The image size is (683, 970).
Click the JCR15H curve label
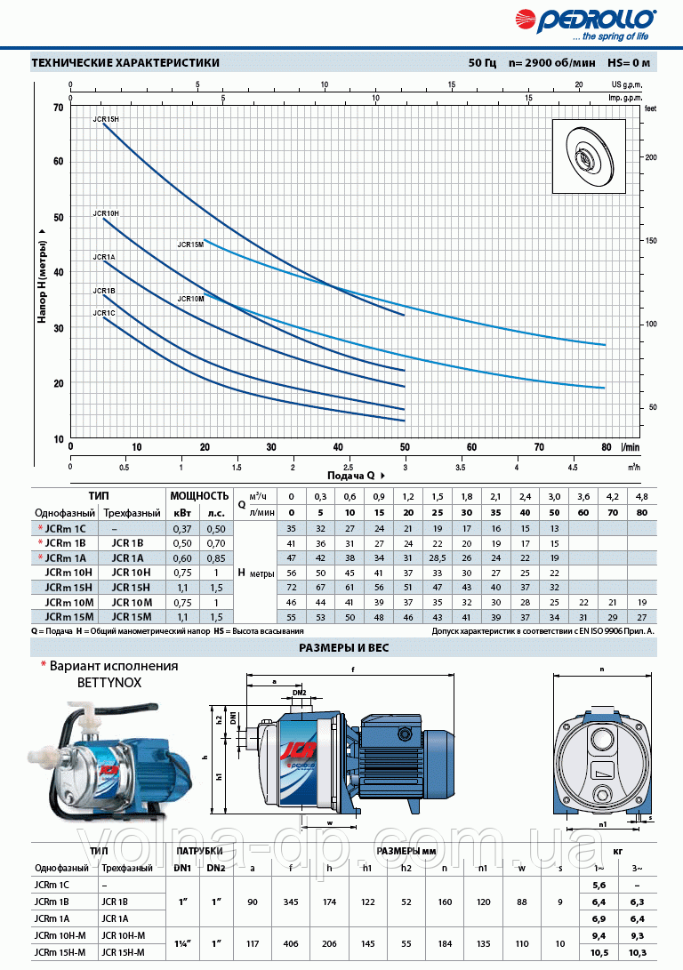(x=105, y=118)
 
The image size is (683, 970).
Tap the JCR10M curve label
(x=190, y=299)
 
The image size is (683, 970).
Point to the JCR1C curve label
(x=104, y=313)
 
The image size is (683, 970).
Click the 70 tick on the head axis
(x=59, y=107)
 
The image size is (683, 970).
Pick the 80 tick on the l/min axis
(x=606, y=447)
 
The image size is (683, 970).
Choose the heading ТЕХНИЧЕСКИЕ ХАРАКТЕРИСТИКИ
(x=125, y=62)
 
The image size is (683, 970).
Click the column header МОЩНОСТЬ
(x=199, y=496)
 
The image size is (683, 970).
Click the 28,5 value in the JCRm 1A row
(x=438, y=557)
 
